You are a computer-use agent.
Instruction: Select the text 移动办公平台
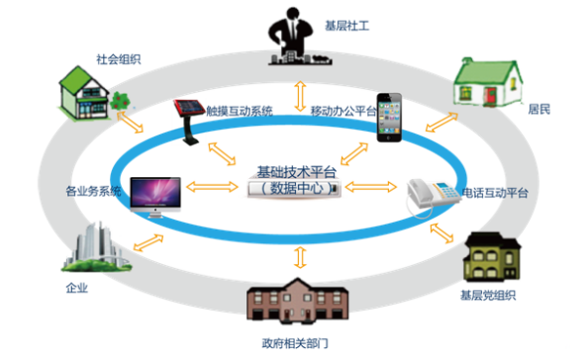click(x=343, y=111)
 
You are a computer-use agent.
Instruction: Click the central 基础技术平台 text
click(x=296, y=171)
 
